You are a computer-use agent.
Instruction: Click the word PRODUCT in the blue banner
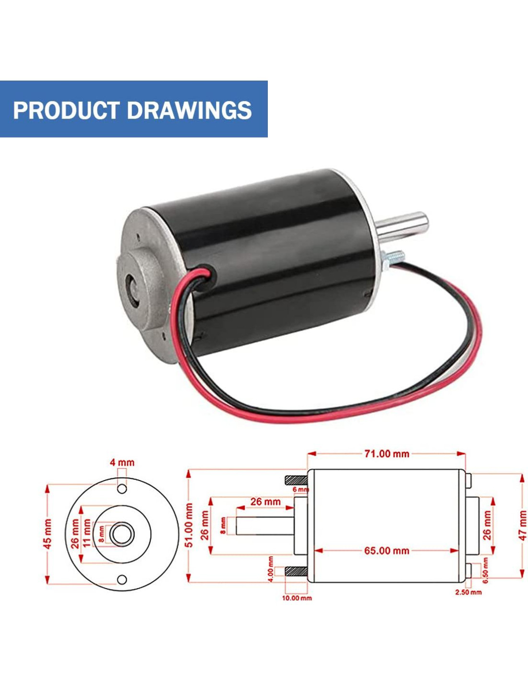point(66,110)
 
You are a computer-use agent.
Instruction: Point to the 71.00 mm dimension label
point(386,454)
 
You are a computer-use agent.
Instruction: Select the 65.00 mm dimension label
point(386,551)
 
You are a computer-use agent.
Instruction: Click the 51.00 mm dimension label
point(189,525)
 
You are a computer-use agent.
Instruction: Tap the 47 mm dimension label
point(522,525)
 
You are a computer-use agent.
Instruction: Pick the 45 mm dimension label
point(48,534)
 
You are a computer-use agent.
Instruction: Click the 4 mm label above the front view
point(122,463)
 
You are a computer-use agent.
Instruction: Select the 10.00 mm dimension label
point(297,598)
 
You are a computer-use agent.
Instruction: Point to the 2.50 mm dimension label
point(468,592)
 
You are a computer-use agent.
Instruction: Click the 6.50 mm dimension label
point(485,570)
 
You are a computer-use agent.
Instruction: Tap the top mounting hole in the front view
point(122,489)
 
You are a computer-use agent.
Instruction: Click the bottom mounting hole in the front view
point(122,580)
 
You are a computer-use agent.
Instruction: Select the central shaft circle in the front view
point(122,534)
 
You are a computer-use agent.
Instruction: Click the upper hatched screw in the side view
point(296,479)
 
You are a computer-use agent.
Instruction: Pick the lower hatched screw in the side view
point(296,571)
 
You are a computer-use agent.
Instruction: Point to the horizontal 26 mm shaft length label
point(265,502)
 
